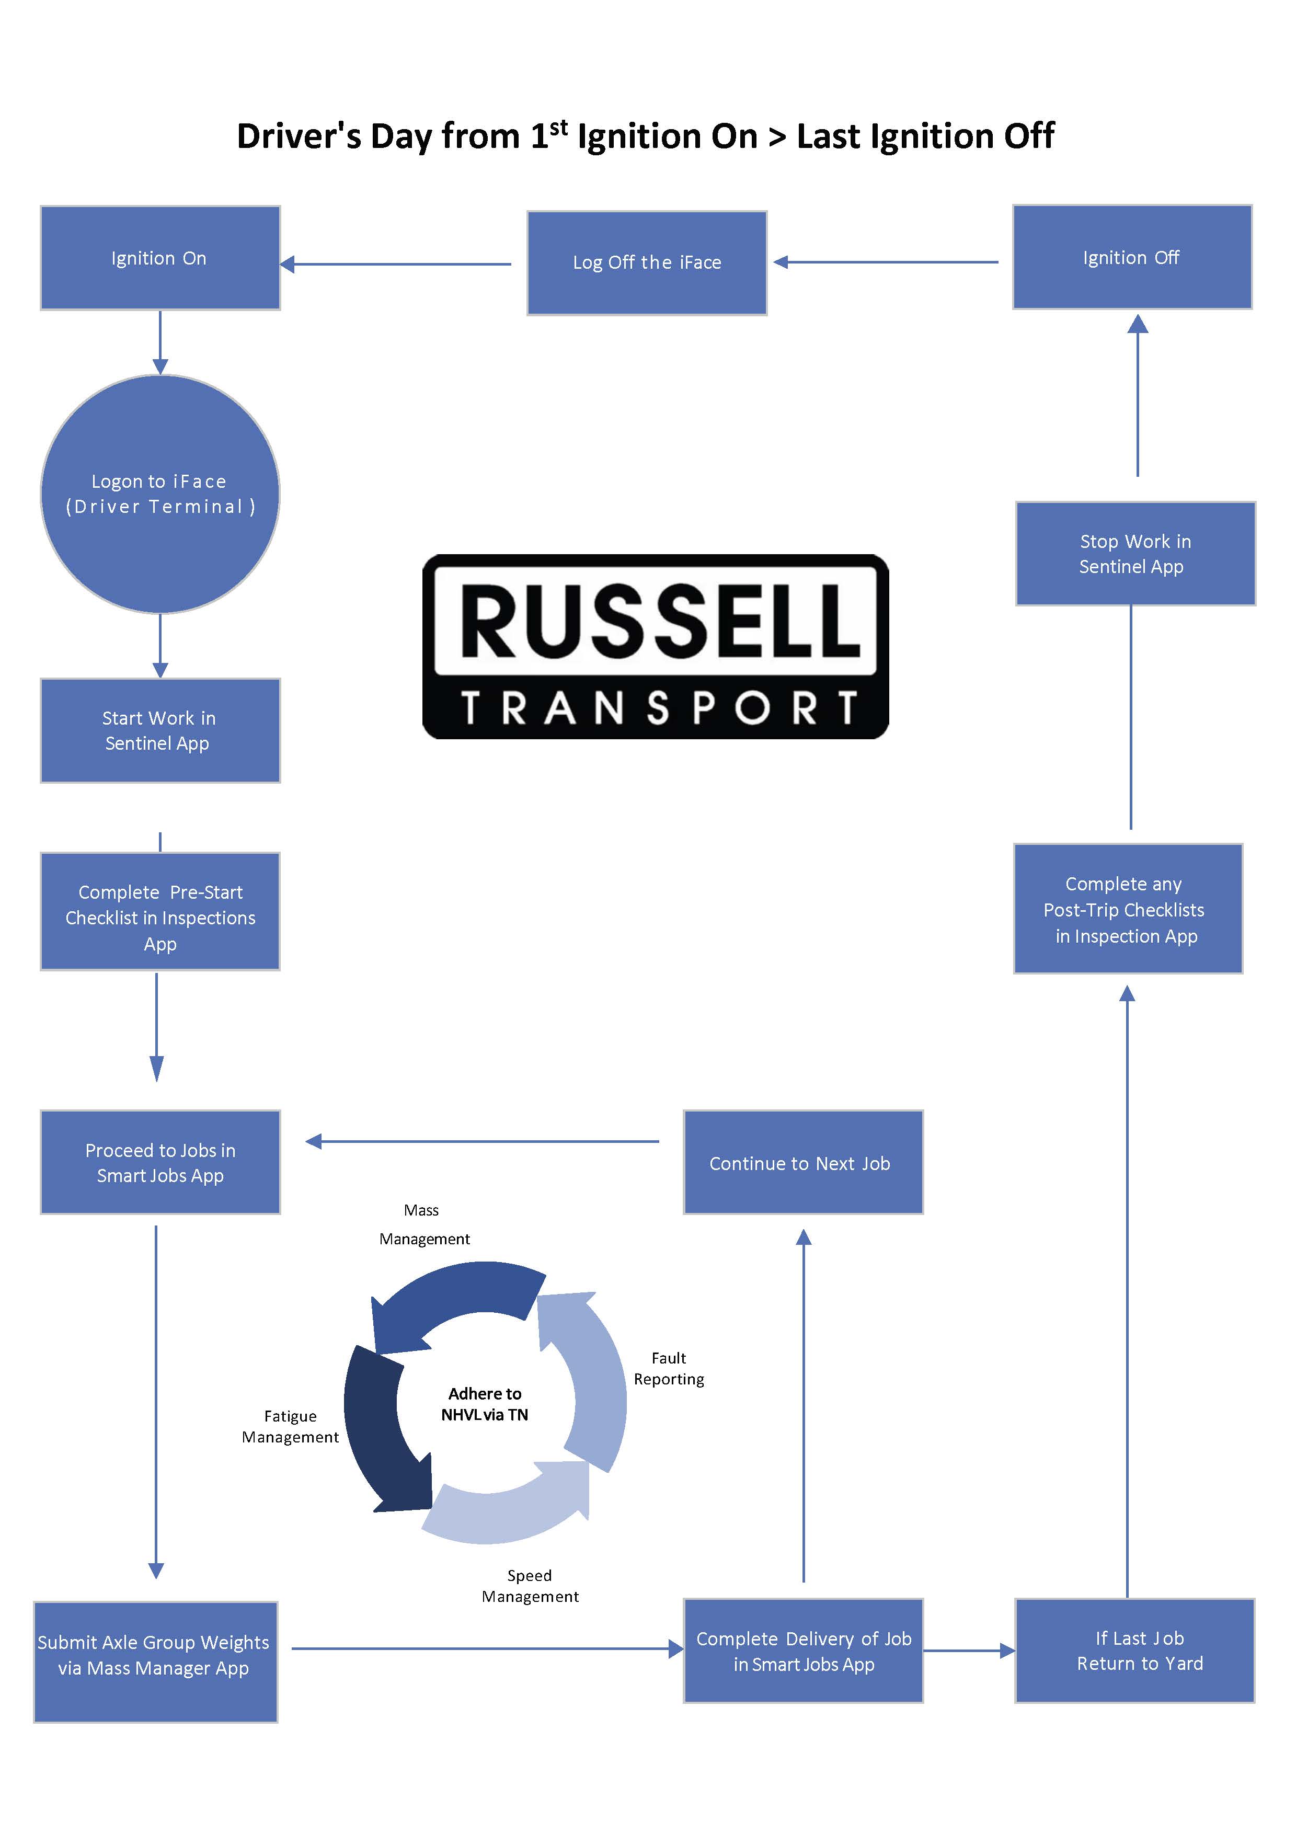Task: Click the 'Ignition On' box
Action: (159, 258)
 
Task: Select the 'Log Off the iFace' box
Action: (646, 262)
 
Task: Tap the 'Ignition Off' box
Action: (1131, 257)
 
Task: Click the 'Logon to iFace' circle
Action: (159, 494)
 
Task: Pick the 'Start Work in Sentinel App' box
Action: (159, 730)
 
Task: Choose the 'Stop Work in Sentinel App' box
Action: (1134, 553)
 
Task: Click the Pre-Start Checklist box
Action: (159, 912)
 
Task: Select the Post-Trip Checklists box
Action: (1128, 909)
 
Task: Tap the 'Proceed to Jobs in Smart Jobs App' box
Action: (159, 1162)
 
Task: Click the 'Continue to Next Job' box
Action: (802, 1162)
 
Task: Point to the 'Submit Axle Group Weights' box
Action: (155, 1662)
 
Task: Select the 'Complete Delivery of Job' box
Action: (802, 1650)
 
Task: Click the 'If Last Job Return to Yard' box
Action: (1134, 1650)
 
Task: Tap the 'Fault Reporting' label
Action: (668, 1368)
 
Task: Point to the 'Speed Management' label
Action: (530, 1586)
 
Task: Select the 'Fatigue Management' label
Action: (290, 1426)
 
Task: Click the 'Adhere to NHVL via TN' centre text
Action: (485, 1403)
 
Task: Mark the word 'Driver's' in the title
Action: (298, 136)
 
